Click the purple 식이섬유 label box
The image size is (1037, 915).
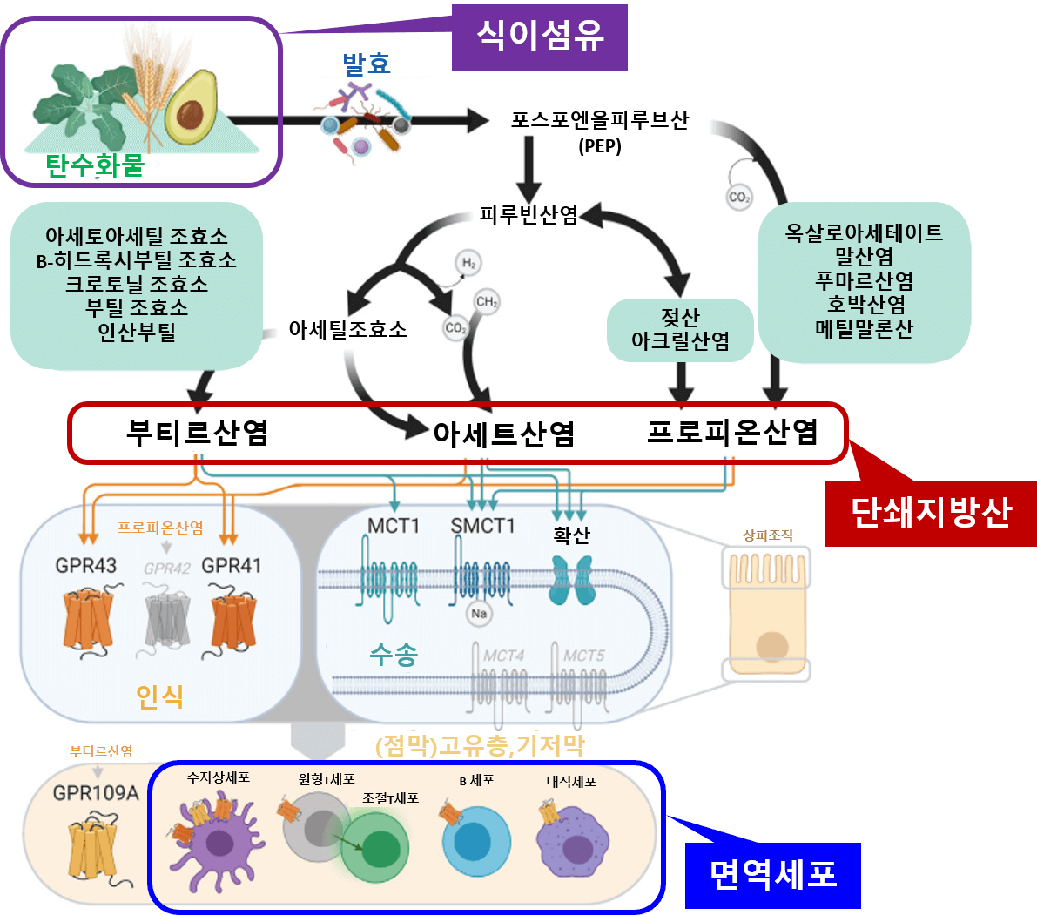coord(539,37)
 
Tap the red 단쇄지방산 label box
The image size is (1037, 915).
coord(930,513)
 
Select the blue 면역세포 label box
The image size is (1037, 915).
coord(772,874)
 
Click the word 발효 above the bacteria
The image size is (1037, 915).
coord(366,64)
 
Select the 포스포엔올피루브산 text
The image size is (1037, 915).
coord(599,120)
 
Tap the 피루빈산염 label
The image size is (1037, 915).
coord(529,214)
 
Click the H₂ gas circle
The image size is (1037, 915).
coord(468,263)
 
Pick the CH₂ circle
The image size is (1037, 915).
coord(486,302)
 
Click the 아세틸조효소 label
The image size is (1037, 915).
coord(347,330)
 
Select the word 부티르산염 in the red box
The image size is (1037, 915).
coord(197,432)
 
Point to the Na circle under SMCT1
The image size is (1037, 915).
coord(479,614)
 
